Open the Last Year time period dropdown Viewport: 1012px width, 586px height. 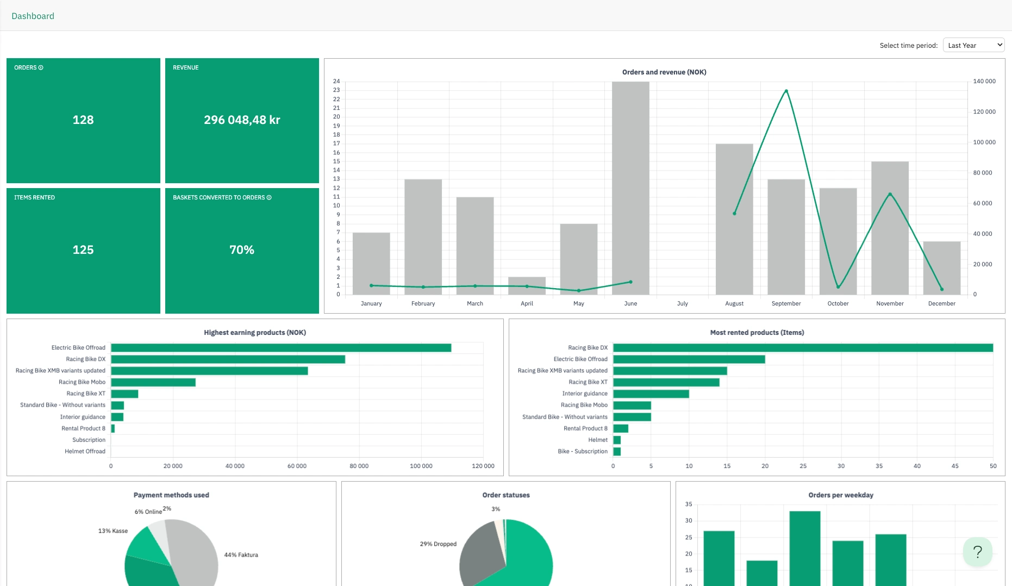[973, 45]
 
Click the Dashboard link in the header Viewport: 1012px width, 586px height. [33, 16]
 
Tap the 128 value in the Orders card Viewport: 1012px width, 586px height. [83, 120]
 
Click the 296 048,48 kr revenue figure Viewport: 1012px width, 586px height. [242, 120]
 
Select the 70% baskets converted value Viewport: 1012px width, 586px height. [242, 250]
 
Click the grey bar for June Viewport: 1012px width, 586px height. [630, 188]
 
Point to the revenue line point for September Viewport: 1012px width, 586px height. [786, 91]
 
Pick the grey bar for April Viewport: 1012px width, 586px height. [527, 286]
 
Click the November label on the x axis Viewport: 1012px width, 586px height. [890, 304]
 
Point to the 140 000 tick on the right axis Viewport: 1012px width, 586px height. [984, 82]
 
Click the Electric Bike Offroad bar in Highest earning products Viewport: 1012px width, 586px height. [281, 348]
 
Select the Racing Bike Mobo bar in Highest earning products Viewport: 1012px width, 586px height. [153, 382]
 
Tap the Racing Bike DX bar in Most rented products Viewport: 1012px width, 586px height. [803, 348]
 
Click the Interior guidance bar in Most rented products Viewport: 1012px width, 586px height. [651, 394]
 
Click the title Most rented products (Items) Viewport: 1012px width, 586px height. [757, 333]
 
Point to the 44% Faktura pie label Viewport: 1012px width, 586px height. [241, 555]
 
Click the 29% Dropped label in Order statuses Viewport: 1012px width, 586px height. [438, 544]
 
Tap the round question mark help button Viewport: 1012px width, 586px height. [978, 552]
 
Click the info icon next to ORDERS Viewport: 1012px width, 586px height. [41, 68]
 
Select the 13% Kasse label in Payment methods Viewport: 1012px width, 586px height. [113, 531]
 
